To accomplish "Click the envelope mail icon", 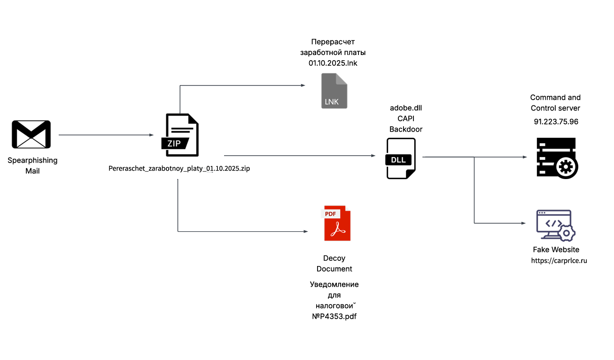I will point(31,134).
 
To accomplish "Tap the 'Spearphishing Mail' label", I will point(32,165).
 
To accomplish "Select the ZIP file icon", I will point(180,135).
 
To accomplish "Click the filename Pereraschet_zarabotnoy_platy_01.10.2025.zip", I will point(179,168).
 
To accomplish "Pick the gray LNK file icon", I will point(334,91).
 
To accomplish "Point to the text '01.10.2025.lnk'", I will point(333,63).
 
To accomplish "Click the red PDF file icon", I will point(337,223).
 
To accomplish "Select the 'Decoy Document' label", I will point(334,264).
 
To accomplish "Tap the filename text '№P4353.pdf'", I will point(334,316).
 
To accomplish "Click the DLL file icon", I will point(401,158).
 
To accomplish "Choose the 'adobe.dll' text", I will point(405,108).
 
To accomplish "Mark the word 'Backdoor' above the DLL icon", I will point(405,129).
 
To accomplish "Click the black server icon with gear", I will point(557,158).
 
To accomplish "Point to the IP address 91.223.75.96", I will point(556,122).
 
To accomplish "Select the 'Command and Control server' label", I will point(555,103).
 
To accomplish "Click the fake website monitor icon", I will point(555,226).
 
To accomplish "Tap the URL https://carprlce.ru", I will point(559,260).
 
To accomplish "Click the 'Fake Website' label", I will point(556,250).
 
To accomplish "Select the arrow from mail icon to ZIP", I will point(106,135).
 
